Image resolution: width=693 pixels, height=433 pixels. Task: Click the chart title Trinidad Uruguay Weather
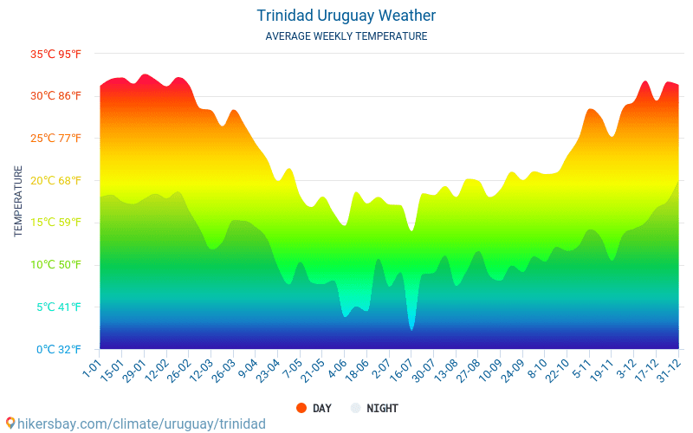(x=346, y=16)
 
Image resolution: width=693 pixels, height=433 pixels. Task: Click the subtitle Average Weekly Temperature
(x=346, y=36)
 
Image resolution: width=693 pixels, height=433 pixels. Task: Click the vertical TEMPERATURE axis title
(x=18, y=202)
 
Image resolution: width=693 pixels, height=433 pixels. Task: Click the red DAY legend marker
(x=301, y=408)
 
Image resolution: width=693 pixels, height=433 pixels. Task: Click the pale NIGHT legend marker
(x=355, y=408)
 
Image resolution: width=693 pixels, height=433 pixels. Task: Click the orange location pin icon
(x=10, y=423)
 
